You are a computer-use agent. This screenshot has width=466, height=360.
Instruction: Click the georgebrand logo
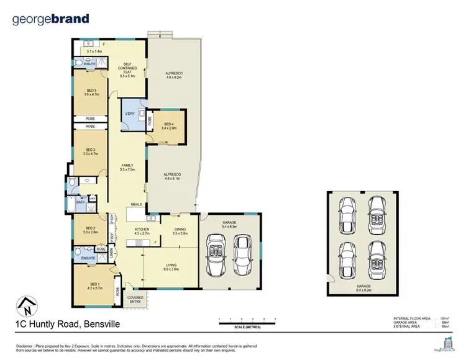click(51, 19)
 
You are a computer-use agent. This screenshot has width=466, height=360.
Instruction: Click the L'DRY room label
click(130, 114)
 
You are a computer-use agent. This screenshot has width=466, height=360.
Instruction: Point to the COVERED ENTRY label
click(135, 300)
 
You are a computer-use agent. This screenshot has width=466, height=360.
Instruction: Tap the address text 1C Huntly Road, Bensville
click(66, 324)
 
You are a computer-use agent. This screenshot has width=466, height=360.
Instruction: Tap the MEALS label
click(137, 204)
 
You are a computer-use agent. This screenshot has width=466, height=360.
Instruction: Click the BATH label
click(80, 202)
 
